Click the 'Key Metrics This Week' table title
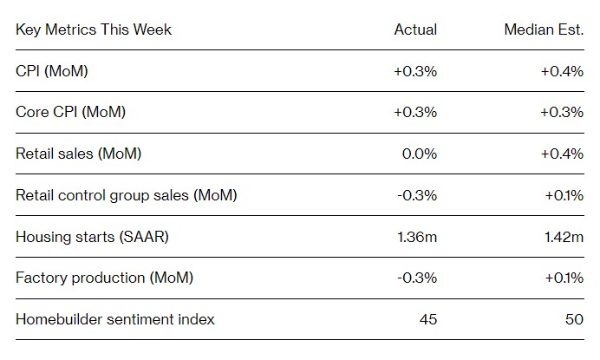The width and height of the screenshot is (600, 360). pos(94,29)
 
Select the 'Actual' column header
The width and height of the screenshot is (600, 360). pos(415,29)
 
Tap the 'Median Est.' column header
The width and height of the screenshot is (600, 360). pos(544,29)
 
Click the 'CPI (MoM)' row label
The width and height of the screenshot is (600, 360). pos(52,71)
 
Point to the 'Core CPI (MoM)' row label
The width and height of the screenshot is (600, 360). pos(70,112)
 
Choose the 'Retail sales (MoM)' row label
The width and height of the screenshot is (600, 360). pos(78,154)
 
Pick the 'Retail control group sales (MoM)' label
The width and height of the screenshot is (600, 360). pos(127,195)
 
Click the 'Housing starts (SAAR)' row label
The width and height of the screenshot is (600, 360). pos(92,237)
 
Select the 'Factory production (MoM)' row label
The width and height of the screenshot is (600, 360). pos(104,278)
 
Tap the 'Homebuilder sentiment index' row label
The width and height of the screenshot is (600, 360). pos(115,319)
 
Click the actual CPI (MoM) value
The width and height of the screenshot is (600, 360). pos(415,72)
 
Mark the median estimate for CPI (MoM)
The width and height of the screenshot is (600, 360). pos(562,72)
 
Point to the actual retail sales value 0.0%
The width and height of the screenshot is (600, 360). pos(420,154)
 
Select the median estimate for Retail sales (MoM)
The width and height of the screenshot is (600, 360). pos(562,154)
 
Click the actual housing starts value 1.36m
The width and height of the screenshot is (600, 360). pos(417,237)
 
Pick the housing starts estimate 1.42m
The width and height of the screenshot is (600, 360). pos(564,237)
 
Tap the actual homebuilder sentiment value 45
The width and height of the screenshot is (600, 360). pos(428,319)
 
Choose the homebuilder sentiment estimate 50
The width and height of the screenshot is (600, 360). pos(574,319)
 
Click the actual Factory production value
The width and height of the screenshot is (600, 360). pos(417,278)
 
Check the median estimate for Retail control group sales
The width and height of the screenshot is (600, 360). pos(564,196)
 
